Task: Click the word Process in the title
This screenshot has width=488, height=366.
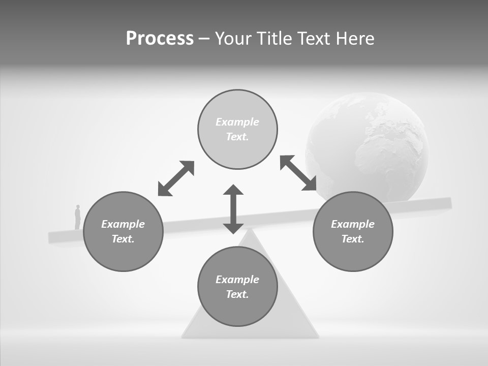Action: click(x=160, y=39)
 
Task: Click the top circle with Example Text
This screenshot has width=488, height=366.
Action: click(x=237, y=130)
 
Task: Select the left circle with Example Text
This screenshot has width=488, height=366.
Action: click(x=123, y=231)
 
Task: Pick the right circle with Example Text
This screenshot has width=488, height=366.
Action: click(x=353, y=231)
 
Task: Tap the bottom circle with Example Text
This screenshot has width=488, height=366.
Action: click(x=237, y=287)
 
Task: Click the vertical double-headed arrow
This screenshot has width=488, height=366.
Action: click(x=233, y=209)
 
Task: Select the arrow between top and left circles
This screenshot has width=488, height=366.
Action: click(x=176, y=178)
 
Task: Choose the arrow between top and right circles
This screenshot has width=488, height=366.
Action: click(x=298, y=173)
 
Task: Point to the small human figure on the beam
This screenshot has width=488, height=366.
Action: click(x=78, y=217)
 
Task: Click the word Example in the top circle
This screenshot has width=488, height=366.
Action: click(x=237, y=122)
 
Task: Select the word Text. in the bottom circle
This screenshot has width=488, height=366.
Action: click(x=237, y=294)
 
